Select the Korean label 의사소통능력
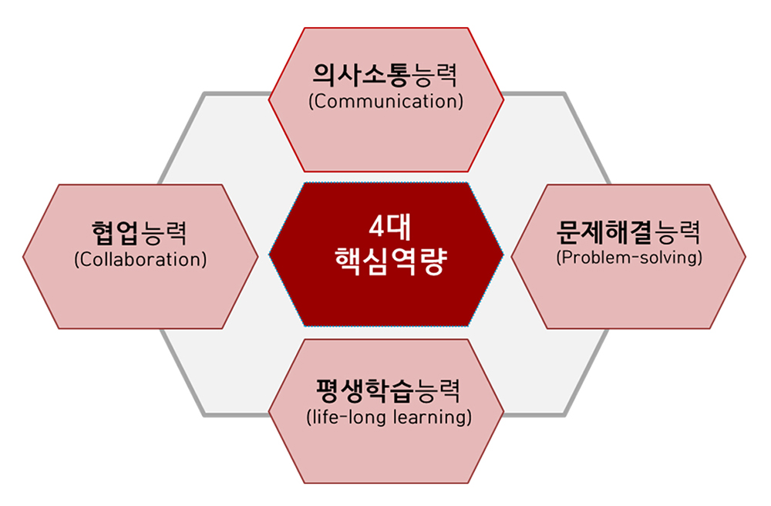pos(385,76)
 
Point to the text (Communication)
pos(385,101)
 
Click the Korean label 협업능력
pos(140,232)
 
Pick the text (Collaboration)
pos(140,259)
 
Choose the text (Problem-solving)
pos(628,257)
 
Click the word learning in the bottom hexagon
pos(431,418)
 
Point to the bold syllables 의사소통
pos(362,76)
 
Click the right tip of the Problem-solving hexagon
pos(745,257)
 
